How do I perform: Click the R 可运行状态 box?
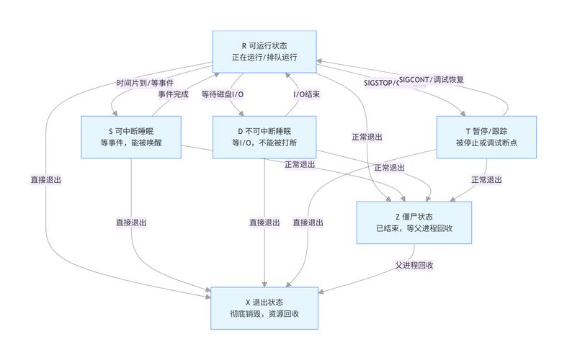point(264,50)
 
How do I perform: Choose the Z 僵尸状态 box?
point(414,222)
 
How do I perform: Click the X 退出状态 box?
point(264,307)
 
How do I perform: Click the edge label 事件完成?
point(173,94)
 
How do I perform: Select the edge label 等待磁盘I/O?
point(223,94)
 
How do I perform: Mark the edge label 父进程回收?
point(414,264)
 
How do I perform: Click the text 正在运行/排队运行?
point(264,57)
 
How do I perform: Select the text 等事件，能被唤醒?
point(130,143)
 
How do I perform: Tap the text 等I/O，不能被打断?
point(264,143)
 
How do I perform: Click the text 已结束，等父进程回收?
point(414,228)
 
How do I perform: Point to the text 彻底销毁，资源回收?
point(264,314)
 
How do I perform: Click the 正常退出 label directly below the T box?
point(486,179)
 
